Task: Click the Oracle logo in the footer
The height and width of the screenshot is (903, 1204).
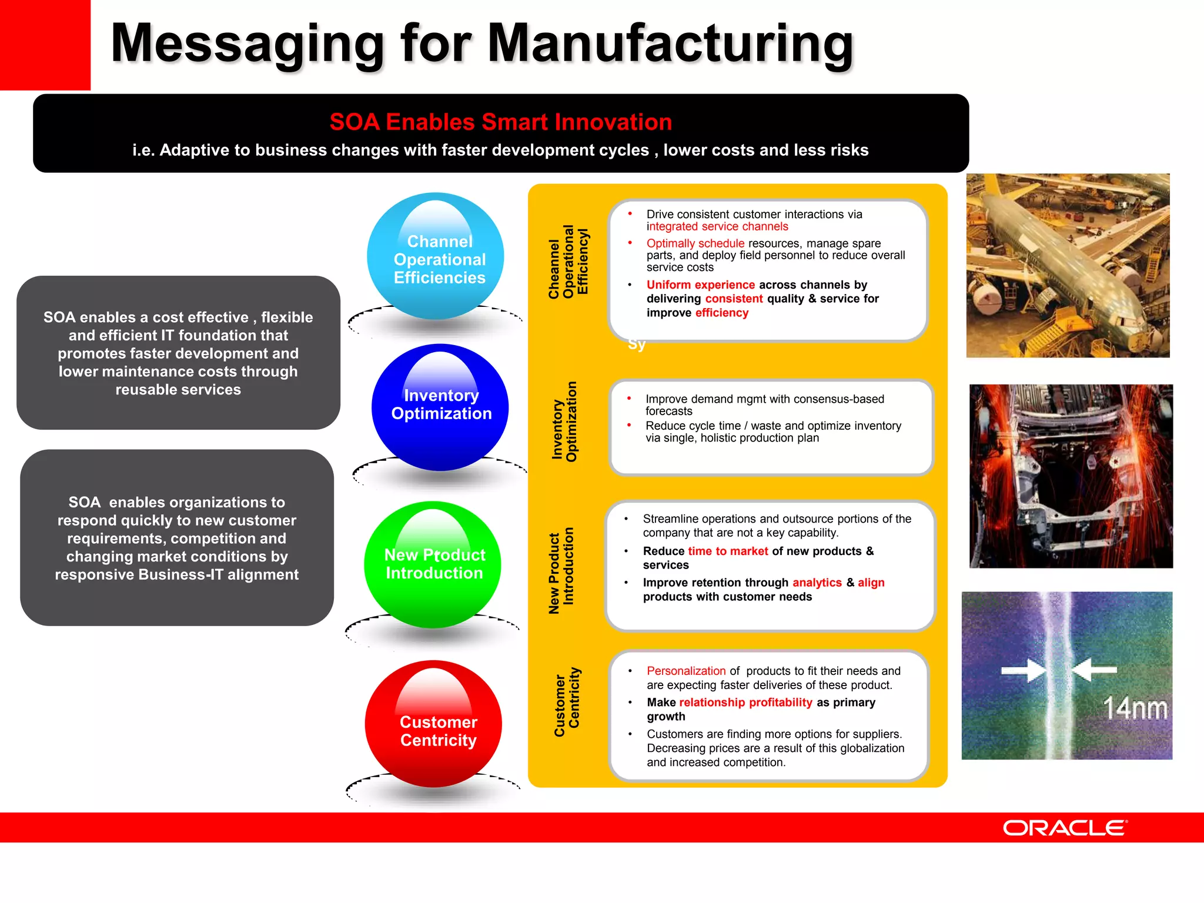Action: pos(1065,828)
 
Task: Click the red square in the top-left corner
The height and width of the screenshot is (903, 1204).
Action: pos(45,45)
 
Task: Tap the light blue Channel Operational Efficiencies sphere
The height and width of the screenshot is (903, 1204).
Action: pos(436,256)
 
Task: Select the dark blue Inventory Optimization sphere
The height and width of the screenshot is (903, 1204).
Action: pos(440,407)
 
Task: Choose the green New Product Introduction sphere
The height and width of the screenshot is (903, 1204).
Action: pos(433,564)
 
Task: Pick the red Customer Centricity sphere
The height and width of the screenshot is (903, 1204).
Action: pos(433,724)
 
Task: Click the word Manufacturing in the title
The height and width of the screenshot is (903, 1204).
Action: pos(670,44)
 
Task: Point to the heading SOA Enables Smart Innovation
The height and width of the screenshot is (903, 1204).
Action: pos(500,122)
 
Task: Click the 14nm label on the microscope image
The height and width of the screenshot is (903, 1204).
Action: pos(1134,708)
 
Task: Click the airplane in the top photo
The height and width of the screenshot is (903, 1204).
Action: pos(1058,259)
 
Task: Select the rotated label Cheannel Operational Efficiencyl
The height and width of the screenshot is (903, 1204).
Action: pos(568,262)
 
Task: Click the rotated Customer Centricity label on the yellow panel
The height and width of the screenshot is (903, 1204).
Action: pos(567,702)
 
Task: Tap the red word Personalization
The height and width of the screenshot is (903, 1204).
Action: pos(686,671)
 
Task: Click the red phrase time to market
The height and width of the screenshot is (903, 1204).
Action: pos(728,551)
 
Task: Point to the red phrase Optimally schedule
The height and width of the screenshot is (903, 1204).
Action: pos(695,243)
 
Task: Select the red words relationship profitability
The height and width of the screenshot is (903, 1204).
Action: pos(745,703)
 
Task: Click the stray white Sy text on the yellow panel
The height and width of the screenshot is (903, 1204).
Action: pos(637,345)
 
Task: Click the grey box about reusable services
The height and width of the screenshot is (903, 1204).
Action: pos(178,353)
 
